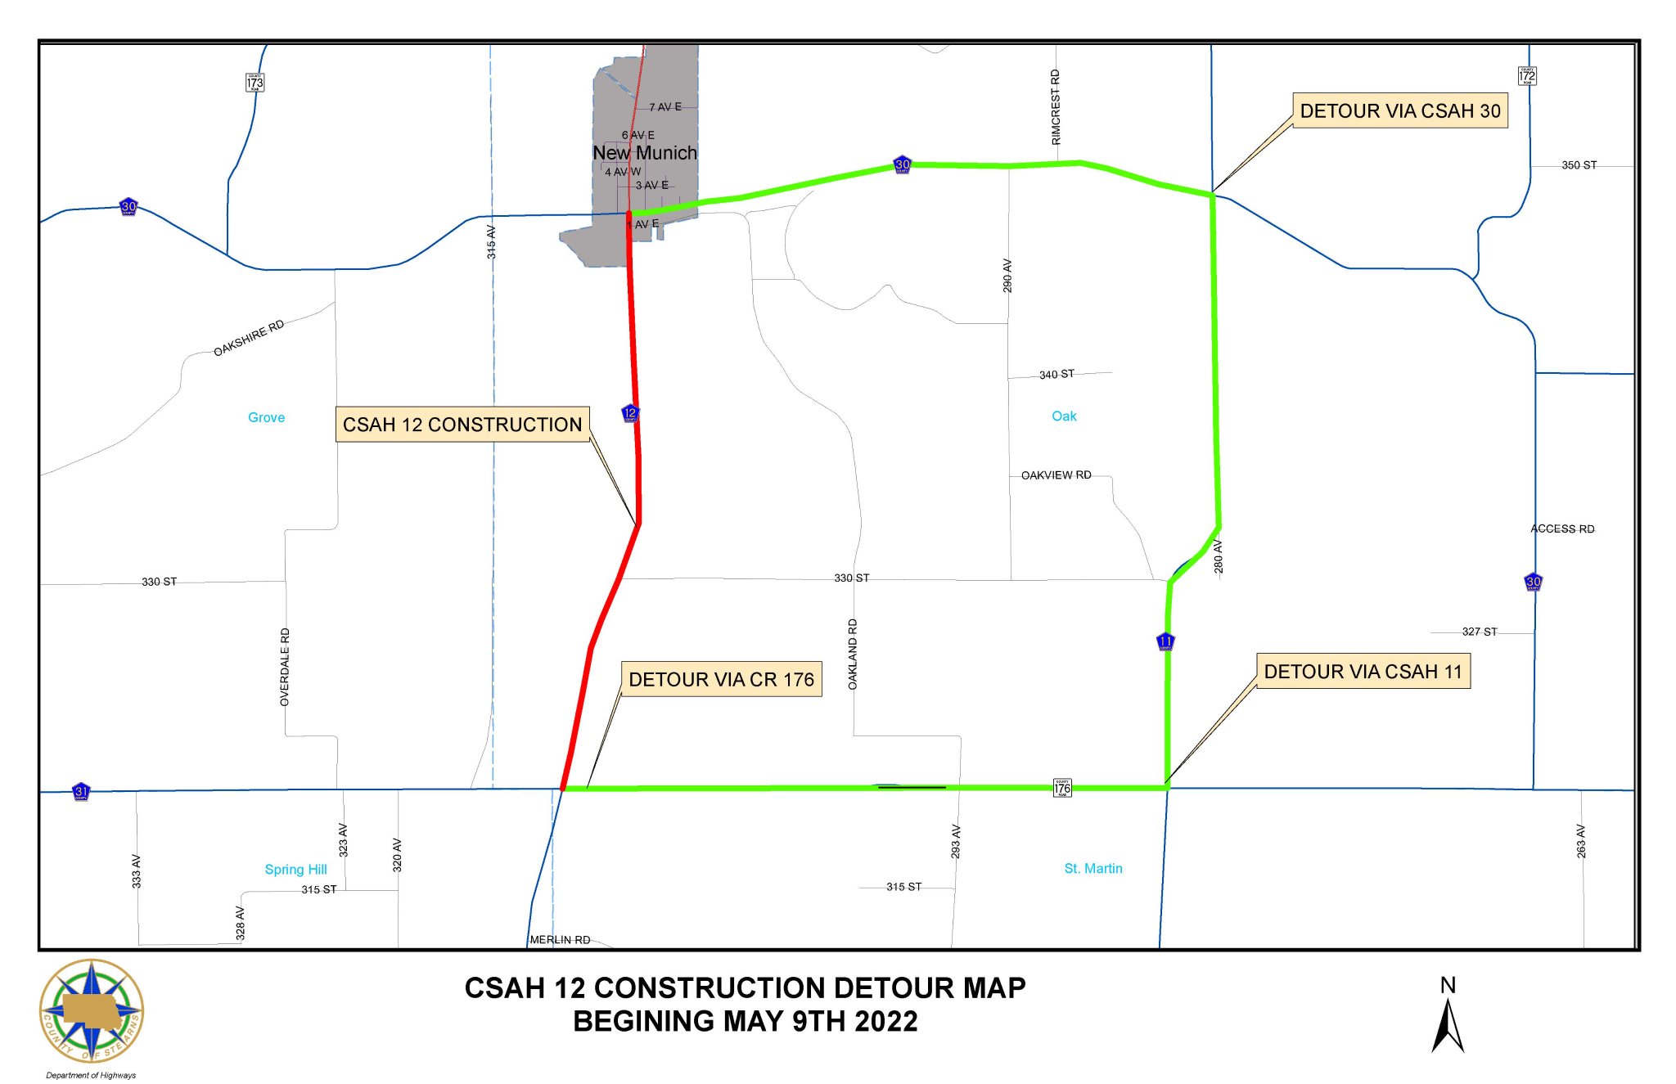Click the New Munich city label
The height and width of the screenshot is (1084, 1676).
click(645, 153)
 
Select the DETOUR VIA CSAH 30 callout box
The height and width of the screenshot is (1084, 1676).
click(1399, 111)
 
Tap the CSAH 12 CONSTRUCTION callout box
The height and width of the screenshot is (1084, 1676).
click(462, 425)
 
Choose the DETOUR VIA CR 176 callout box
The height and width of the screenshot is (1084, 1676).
click(721, 680)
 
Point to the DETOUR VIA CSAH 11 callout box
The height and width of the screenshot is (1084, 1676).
click(1363, 672)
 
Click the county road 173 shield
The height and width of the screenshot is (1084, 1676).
click(255, 83)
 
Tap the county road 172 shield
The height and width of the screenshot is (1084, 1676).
click(1526, 76)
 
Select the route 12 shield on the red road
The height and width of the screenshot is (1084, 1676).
click(630, 413)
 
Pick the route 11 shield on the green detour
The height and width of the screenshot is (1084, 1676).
click(1165, 641)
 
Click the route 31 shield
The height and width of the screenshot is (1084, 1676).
click(81, 791)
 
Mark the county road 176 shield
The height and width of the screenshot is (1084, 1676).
click(1062, 788)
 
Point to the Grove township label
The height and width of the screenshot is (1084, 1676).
click(266, 417)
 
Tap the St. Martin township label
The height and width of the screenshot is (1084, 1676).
click(1093, 868)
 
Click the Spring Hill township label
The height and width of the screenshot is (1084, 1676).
click(295, 869)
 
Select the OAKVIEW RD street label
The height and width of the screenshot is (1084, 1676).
click(1056, 475)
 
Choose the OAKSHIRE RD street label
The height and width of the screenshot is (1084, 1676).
click(249, 338)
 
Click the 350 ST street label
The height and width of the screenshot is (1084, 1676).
click(1579, 165)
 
